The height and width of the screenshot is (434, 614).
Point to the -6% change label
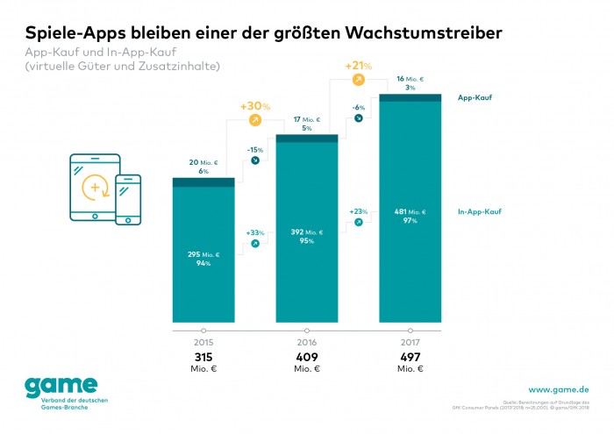[358, 107]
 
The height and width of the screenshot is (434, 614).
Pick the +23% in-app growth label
[358, 211]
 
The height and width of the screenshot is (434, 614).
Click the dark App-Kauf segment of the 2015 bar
[203, 181]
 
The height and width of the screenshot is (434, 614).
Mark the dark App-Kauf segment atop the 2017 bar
[410, 97]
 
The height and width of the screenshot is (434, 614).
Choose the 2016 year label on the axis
[306, 340]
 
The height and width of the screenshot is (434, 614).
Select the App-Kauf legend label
[475, 97]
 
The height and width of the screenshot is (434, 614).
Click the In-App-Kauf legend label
[479, 211]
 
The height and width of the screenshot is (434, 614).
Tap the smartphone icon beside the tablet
[128, 199]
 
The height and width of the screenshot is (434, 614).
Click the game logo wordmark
[61, 387]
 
